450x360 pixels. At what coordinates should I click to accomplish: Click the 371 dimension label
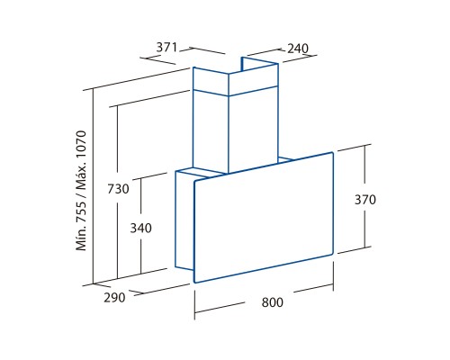(166, 48)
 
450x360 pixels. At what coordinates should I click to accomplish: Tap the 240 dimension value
(298, 49)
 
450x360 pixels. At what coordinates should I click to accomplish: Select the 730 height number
(118, 189)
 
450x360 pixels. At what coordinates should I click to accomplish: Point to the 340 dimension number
(140, 229)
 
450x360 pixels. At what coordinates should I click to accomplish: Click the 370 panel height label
(365, 200)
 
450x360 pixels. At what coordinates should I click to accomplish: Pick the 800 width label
(272, 302)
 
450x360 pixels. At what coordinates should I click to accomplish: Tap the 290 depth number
(114, 298)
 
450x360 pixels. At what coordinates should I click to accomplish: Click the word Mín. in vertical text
(81, 238)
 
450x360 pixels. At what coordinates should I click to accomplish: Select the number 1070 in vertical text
(81, 142)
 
